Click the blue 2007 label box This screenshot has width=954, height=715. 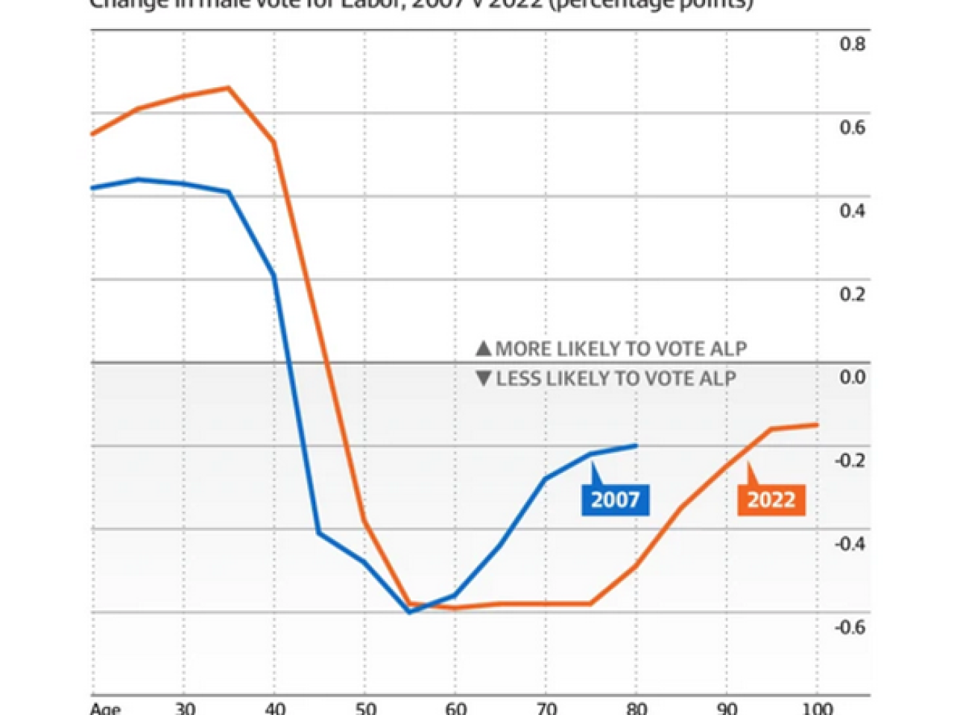[615, 500]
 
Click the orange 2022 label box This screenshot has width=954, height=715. [771, 500]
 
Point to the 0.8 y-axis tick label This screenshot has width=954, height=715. [853, 44]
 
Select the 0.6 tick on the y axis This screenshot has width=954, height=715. [853, 127]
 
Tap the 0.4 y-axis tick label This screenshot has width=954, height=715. [853, 211]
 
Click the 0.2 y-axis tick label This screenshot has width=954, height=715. [853, 294]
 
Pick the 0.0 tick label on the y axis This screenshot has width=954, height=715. [853, 378]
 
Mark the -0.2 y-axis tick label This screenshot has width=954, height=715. [850, 460]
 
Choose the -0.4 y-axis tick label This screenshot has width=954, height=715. [850, 544]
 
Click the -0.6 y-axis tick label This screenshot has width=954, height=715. [850, 627]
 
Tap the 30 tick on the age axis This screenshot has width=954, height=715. [184, 708]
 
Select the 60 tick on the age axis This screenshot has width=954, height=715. [455, 708]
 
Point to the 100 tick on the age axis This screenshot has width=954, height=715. [817, 708]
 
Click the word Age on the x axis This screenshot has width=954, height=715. [105, 708]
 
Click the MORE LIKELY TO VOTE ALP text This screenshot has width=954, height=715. [621, 349]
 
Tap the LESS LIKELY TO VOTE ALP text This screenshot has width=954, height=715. [616, 378]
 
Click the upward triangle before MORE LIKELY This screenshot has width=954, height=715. [484, 349]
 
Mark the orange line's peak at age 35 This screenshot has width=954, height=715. [229, 88]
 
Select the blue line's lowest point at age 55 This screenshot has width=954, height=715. [409, 612]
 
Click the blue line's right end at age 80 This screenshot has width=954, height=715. [636, 445]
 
